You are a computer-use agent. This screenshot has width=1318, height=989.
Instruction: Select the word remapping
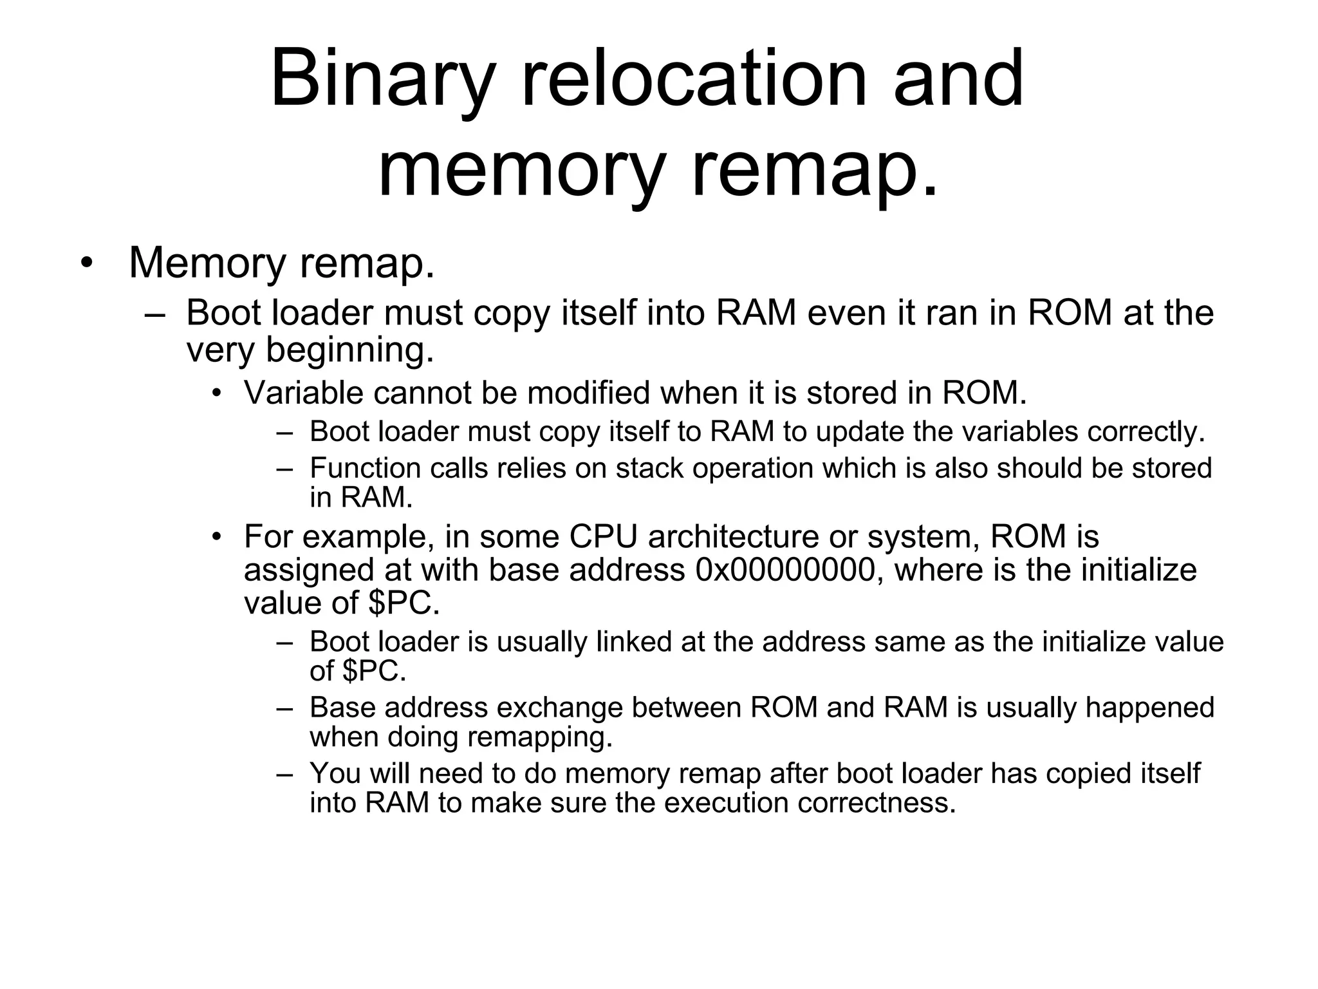540,737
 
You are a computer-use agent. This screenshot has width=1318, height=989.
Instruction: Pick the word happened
1149,708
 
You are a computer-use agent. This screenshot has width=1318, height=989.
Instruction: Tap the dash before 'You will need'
284,773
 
